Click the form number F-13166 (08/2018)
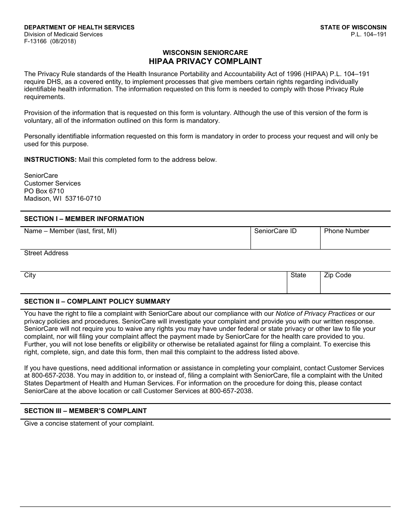[x=50, y=42]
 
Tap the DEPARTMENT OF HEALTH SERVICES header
[x=79, y=27]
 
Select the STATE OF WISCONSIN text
[x=353, y=27]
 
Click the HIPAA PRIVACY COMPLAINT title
[x=205, y=61]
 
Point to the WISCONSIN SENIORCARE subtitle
[x=205, y=53]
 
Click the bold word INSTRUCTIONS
[x=50, y=160]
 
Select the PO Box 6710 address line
[x=44, y=191]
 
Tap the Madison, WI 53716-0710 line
[x=62, y=199]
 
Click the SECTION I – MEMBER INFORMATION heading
[x=84, y=219]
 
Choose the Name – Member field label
[x=70, y=231]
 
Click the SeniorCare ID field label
[x=275, y=231]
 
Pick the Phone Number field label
[x=347, y=231]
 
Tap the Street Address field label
[x=46, y=253]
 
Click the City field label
[x=30, y=275]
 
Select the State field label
[x=298, y=275]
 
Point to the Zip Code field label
[x=337, y=275]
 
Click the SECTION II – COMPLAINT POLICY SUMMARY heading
[x=97, y=301]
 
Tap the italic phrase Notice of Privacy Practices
[x=315, y=314]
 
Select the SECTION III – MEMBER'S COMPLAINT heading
[x=85, y=411]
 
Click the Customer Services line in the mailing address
[x=52, y=183]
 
